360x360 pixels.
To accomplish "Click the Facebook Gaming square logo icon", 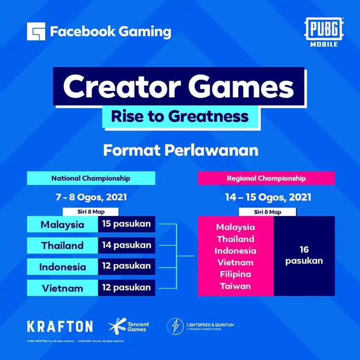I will (36, 31).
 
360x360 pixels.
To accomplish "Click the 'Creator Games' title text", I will (179, 87).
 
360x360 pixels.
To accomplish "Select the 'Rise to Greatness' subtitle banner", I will (180, 116).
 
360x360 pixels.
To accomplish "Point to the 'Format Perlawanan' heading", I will (180, 151).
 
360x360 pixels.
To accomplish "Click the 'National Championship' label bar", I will (91, 178).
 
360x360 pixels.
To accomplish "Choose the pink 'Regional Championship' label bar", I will (266, 178).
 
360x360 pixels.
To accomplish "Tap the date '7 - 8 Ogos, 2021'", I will (91, 198).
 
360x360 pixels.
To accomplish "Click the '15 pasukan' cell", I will (126, 224).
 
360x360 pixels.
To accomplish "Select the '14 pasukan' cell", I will (126, 246).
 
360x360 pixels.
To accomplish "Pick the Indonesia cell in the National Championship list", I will (63, 267).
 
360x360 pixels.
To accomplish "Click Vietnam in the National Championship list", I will (63, 288).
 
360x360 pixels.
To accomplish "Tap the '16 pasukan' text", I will (304, 255).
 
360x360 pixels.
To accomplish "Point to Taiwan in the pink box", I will (235, 286).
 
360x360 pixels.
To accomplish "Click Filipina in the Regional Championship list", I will (235, 274).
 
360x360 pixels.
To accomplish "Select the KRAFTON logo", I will (60, 327).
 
